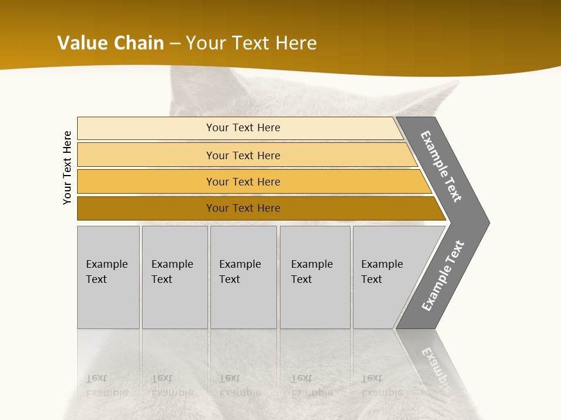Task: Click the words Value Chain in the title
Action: coord(110,43)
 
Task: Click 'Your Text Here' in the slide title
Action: coord(251,43)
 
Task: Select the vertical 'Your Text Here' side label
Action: coord(67,167)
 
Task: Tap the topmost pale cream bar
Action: coord(146,128)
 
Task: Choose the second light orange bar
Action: coord(146,155)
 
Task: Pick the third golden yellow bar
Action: coord(146,182)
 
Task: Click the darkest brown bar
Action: coord(146,208)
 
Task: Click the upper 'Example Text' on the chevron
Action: coord(441,167)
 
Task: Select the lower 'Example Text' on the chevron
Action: coord(443,275)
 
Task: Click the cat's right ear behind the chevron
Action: coord(432,99)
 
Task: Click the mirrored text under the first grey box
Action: coord(106,385)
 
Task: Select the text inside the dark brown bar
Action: coord(243,208)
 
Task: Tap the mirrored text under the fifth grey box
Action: coord(382,385)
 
